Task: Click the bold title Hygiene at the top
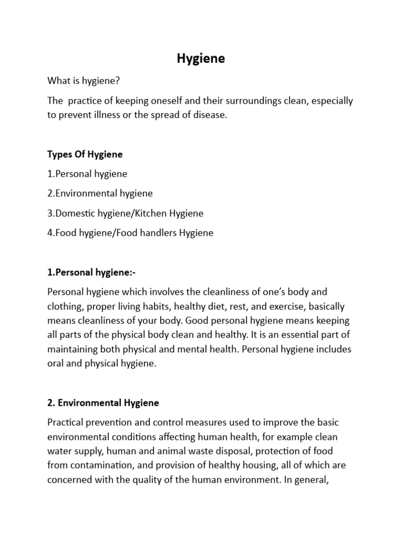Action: (x=200, y=59)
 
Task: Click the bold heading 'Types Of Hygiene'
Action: (x=85, y=154)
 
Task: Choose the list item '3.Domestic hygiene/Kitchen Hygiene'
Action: (x=125, y=213)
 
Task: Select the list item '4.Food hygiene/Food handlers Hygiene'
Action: (x=130, y=233)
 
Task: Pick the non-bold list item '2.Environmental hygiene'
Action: (x=100, y=193)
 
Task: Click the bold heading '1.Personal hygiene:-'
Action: (x=91, y=272)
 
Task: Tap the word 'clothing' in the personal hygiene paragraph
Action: (x=64, y=306)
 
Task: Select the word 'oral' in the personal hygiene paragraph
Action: (x=55, y=364)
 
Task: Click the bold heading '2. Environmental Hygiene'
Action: (x=103, y=403)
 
